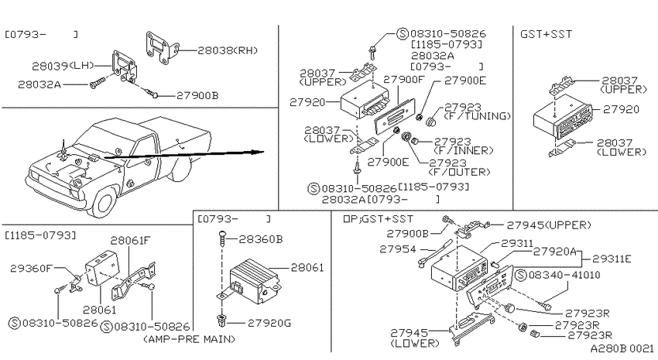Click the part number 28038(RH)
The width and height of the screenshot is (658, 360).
coord(228,50)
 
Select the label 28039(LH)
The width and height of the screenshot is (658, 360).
coord(63,66)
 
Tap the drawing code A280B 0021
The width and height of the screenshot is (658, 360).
coord(622,348)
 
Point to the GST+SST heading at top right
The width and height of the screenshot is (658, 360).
coord(546,34)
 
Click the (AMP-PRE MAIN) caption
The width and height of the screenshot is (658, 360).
coord(189,338)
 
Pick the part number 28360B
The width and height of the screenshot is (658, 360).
coord(261,239)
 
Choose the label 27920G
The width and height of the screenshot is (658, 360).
coord(269,323)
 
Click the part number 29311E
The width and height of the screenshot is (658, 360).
coord(612,259)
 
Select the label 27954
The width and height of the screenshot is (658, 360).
coord(398,249)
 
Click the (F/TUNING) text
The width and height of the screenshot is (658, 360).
coord(478,116)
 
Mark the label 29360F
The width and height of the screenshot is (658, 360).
coord(31,268)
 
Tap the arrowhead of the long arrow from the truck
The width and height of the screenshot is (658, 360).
coord(259,152)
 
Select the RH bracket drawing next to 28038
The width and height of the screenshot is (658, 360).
coord(162,48)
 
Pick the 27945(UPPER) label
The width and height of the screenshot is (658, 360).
coord(549,225)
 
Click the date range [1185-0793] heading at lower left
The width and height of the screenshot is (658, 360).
coord(41,235)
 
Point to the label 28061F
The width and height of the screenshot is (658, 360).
coord(130,241)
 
